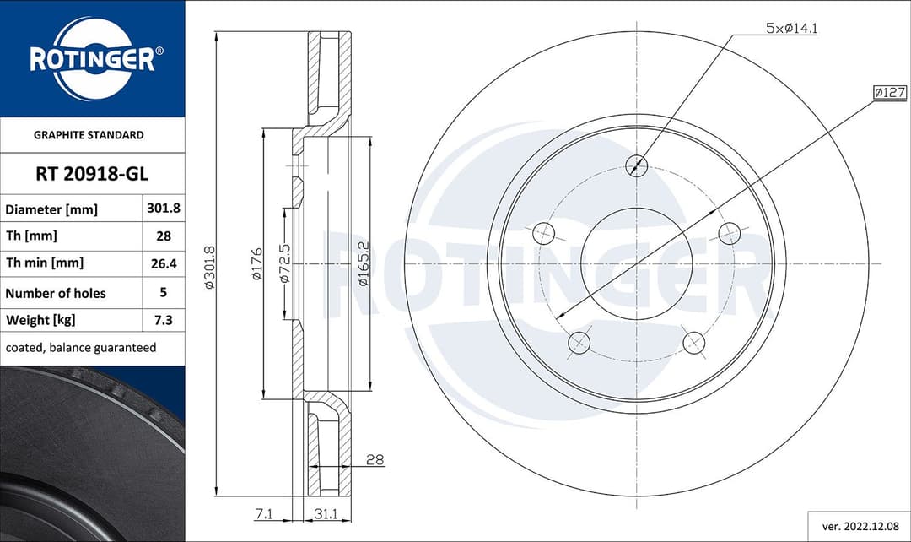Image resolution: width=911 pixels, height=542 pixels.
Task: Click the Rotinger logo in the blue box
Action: pos(92,59)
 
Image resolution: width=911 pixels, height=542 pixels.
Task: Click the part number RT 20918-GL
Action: pos(92,175)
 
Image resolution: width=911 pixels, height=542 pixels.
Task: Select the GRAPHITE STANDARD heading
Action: pos(89,135)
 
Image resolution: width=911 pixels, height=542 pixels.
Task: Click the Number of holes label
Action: pos(56,293)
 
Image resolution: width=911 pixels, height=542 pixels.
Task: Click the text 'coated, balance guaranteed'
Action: pos(81,348)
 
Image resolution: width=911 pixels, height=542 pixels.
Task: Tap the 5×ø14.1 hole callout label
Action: pos(792,28)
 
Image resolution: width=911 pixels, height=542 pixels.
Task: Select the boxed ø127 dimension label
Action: pos(889,92)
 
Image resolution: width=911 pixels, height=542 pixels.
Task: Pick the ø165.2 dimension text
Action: pos(363,264)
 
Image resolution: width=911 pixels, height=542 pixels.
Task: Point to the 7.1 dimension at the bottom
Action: pos(265,513)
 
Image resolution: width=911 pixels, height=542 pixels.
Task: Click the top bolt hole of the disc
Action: pos(637,165)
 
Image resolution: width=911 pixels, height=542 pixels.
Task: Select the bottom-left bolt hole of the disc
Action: pos(579,342)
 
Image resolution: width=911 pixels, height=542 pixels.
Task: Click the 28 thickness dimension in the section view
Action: pos(375,460)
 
